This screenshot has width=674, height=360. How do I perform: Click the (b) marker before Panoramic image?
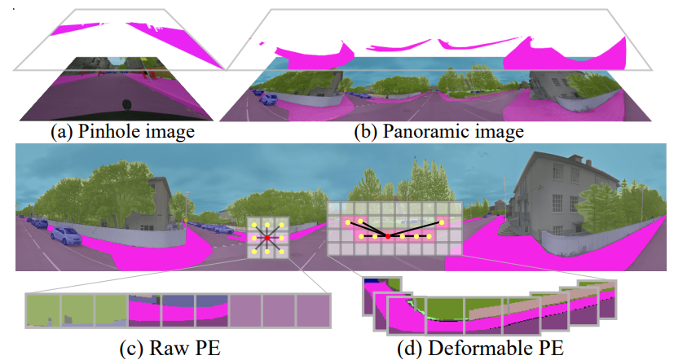(x=369, y=130)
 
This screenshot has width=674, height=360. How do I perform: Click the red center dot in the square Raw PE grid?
(x=267, y=238)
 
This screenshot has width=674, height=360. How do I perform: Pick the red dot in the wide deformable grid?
(x=388, y=236)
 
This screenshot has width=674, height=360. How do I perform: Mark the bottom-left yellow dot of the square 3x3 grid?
(x=253, y=252)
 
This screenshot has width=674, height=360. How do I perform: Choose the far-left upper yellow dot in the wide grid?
(x=348, y=222)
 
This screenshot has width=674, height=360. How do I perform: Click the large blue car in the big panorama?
(x=65, y=236)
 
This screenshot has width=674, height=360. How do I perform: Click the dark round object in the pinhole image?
(x=126, y=103)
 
